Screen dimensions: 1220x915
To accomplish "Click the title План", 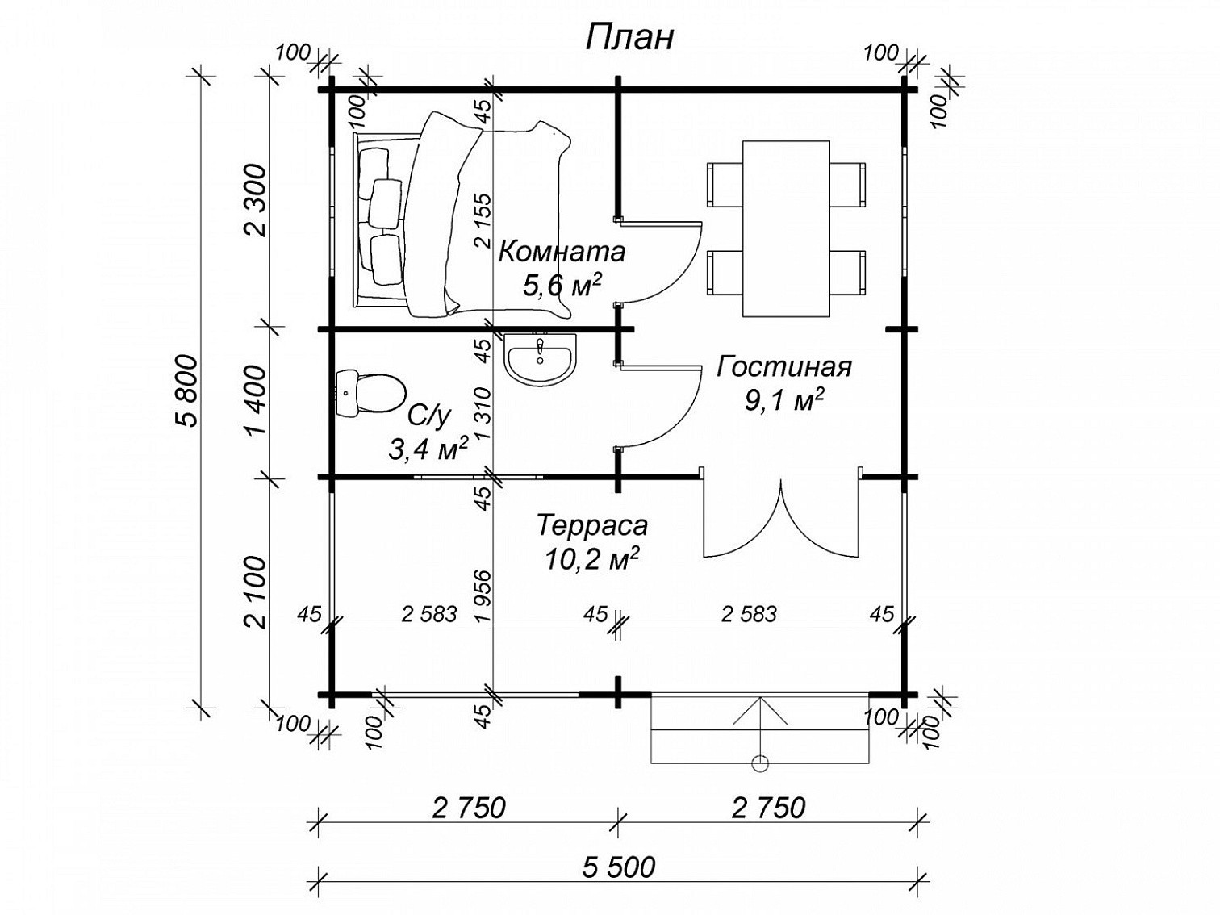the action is coord(629,39).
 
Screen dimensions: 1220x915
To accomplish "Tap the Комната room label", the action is coord(562,252).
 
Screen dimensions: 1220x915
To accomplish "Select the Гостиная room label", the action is coord(783,367).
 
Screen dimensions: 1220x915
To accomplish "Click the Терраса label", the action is coord(592,526).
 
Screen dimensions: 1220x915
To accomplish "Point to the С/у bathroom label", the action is coord(428,416).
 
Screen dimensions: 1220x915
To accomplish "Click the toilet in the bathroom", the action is coord(370,393).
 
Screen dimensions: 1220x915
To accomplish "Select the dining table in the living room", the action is coord(787,228).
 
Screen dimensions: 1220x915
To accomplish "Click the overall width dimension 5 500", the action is coord(619,867).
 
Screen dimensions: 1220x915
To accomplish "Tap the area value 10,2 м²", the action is coord(591,559).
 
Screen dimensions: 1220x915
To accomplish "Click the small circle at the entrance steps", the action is coord(760,764).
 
